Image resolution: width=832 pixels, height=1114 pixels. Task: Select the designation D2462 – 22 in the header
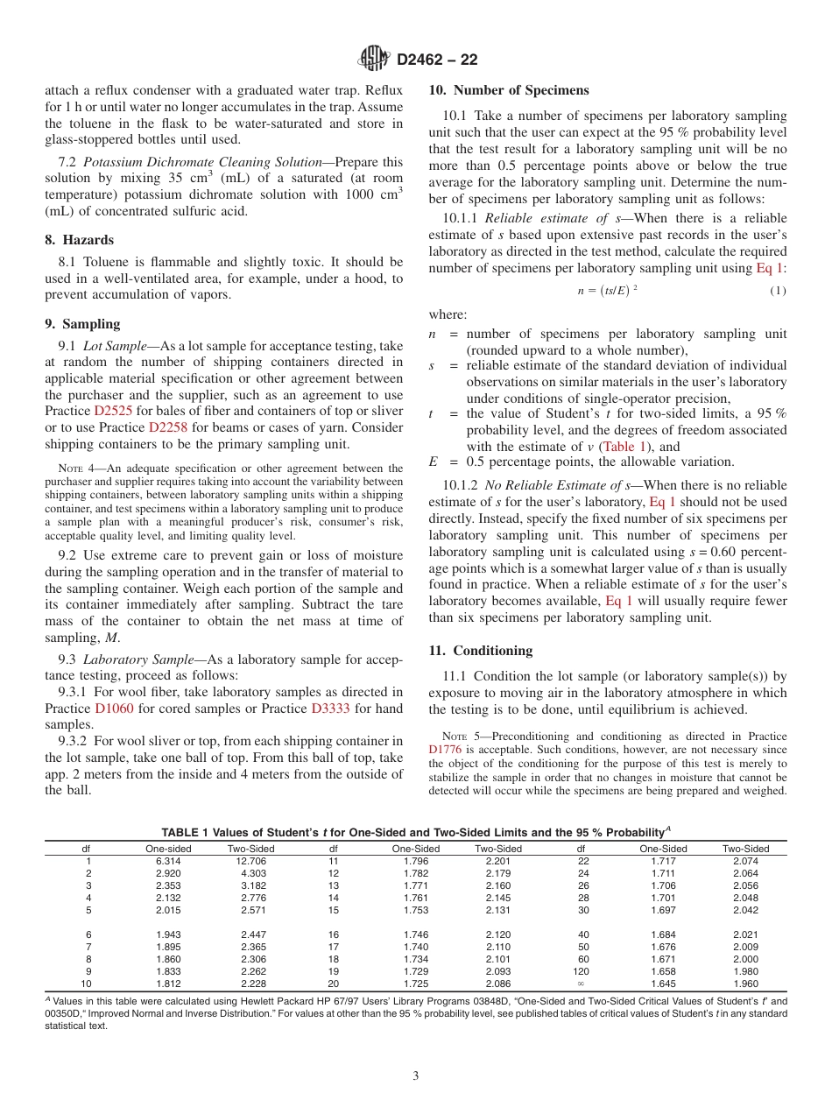coord(437,60)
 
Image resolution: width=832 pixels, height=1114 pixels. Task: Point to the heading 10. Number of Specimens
coord(508,90)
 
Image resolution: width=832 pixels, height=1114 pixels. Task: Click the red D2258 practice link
coord(167,428)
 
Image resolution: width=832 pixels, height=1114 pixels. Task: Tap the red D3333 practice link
coord(330,709)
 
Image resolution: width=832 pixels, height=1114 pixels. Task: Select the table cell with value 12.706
coord(251,862)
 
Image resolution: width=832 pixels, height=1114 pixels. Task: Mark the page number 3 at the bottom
coord(415,1076)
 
